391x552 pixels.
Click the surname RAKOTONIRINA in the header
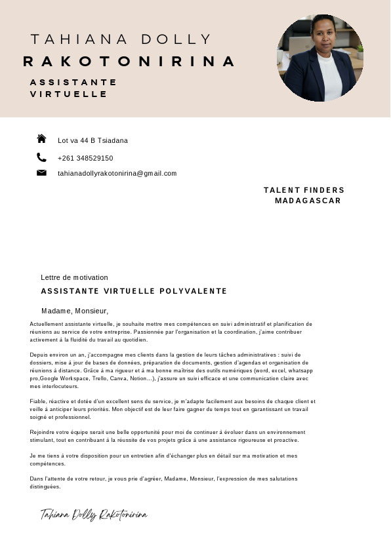pyautogui.click(x=129, y=62)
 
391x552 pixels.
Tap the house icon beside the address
pyautogui.click(x=41, y=139)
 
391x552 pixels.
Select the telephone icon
pyautogui.click(x=41, y=157)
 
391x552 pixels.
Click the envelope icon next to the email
pyautogui.click(x=41, y=173)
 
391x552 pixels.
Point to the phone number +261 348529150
pyautogui.click(x=85, y=159)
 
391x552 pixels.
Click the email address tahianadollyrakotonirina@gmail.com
pyautogui.click(x=117, y=174)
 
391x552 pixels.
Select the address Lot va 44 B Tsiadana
pyautogui.click(x=93, y=141)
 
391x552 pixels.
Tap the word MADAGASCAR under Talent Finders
pyautogui.click(x=308, y=201)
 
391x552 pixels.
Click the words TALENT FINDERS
pyautogui.click(x=304, y=190)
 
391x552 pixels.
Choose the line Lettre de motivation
pyautogui.click(x=74, y=278)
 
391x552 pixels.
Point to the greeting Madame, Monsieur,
pyautogui.click(x=75, y=311)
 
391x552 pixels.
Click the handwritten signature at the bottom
pyautogui.click(x=94, y=515)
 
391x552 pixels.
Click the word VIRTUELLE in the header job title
pyautogui.click(x=69, y=94)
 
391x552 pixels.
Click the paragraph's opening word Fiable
pyautogui.click(x=38, y=401)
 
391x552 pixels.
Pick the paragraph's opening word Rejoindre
pyautogui.click(x=43, y=432)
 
